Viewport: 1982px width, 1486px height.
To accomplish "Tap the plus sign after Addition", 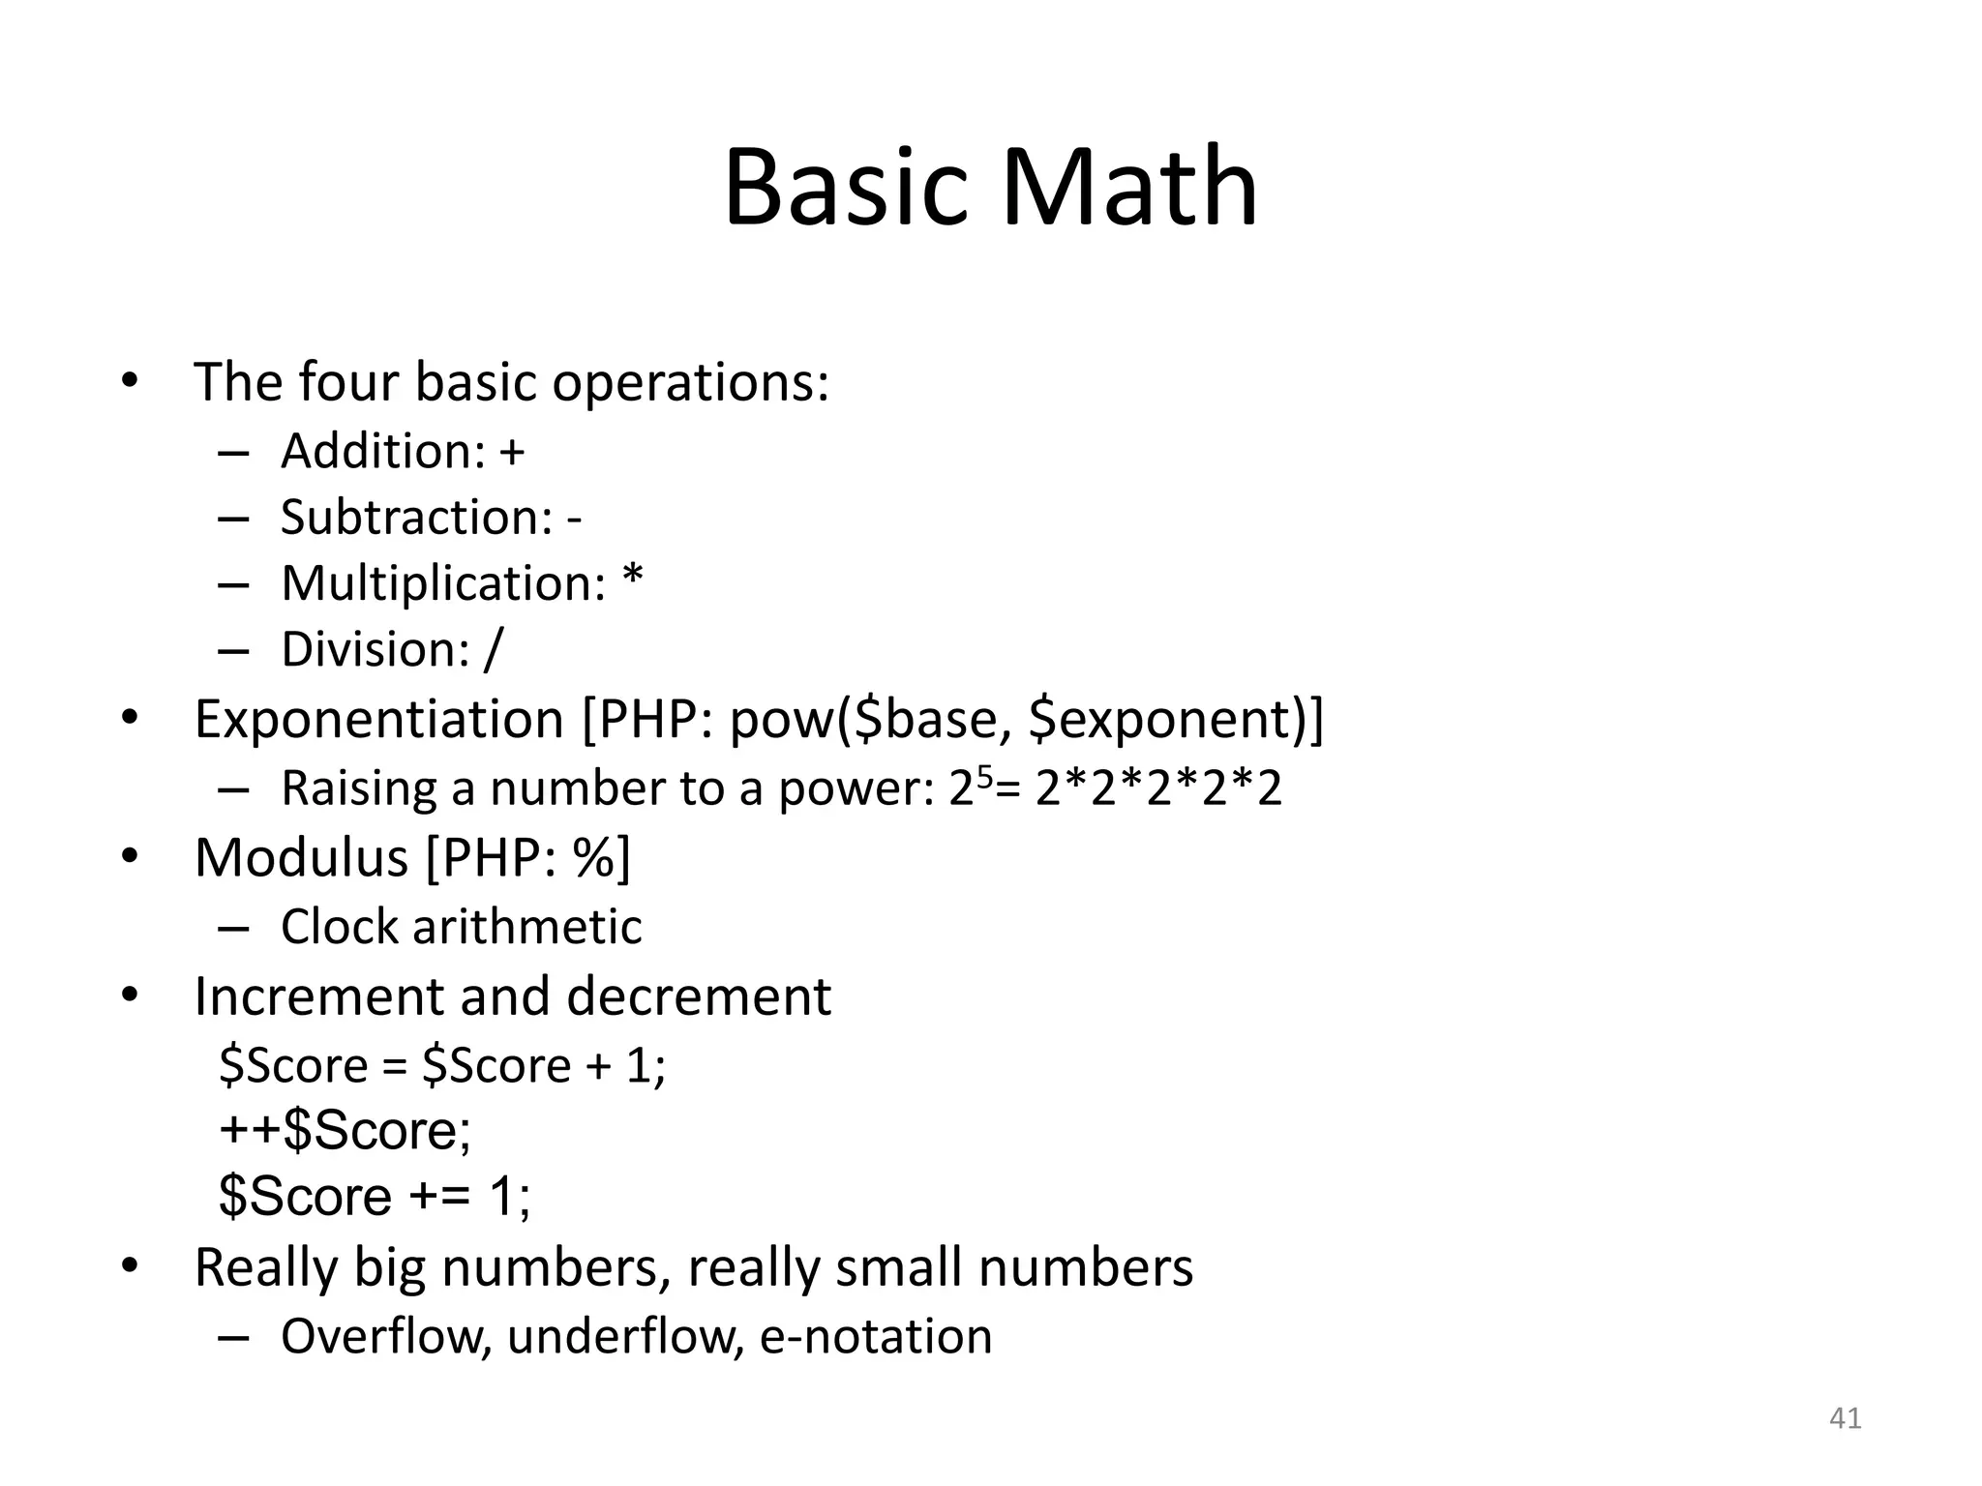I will [512, 452].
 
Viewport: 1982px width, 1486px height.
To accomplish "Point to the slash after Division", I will [494, 649].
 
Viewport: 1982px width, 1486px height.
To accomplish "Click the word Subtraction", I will [415, 517].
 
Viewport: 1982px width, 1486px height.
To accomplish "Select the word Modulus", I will [301, 857].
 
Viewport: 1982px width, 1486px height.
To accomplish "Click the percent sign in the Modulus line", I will [592, 857].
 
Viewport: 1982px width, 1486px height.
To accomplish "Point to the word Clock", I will [339, 927].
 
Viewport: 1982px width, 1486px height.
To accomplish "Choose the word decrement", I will [699, 996].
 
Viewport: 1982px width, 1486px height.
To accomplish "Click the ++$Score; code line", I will [345, 1130].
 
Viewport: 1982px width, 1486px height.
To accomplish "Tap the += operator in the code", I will [439, 1197].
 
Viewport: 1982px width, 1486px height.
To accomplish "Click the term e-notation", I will [876, 1336].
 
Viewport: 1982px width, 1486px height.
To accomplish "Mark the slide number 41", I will [1845, 1418].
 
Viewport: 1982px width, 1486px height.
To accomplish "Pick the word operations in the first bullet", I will [690, 382].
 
